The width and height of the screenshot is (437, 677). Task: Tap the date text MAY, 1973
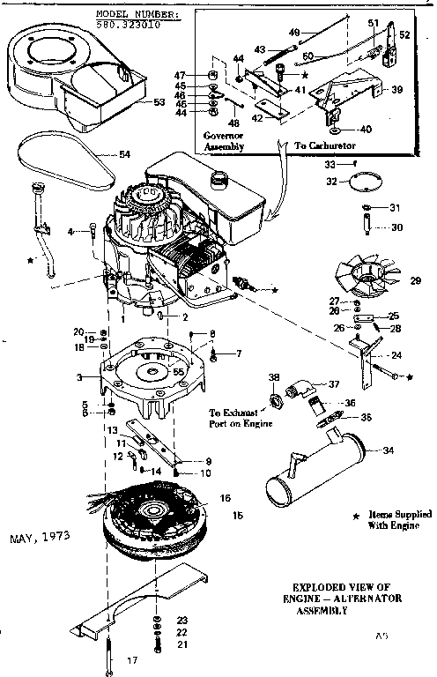tap(41, 536)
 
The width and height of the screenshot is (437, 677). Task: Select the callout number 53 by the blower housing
tap(159, 103)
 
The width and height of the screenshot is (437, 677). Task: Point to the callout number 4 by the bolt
tap(70, 231)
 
